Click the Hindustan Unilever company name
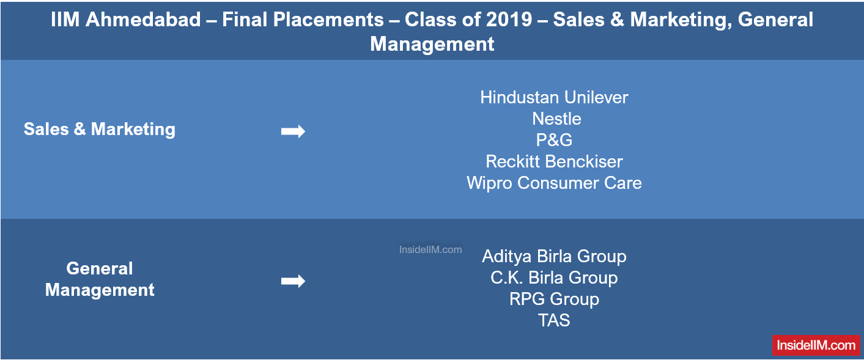click(x=554, y=97)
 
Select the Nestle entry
click(x=556, y=119)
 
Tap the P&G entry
click(x=554, y=139)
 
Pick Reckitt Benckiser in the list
click(x=554, y=161)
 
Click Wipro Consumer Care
click(x=554, y=183)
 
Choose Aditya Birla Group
click(x=554, y=256)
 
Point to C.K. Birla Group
click(x=554, y=277)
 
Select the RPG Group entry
click(x=554, y=299)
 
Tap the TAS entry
click(x=554, y=320)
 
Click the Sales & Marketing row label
click(x=100, y=129)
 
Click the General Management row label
click(x=100, y=279)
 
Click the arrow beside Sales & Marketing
click(x=293, y=131)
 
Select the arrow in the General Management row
click(x=293, y=281)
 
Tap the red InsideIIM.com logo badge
click(x=816, y=345)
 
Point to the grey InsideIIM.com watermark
click(x=430, y=250)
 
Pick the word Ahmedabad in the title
click(x=143, y=20)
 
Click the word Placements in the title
click(x=328, y=20)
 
